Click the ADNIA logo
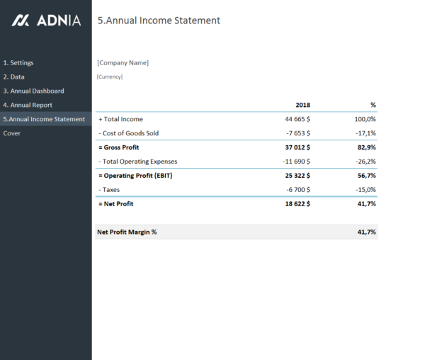[47, 21]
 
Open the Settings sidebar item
[18, 63]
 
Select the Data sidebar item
[13, 77]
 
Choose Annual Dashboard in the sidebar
[33, 91]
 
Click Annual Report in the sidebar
[28, 105]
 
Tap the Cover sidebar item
[12, 133]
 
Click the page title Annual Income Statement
[159, 21]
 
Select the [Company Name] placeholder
[123, 62]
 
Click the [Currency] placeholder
[110, 77]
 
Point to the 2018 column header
[302, 105]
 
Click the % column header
[373, 105]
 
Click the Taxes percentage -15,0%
[365, 189]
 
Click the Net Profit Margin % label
[127, 232]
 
